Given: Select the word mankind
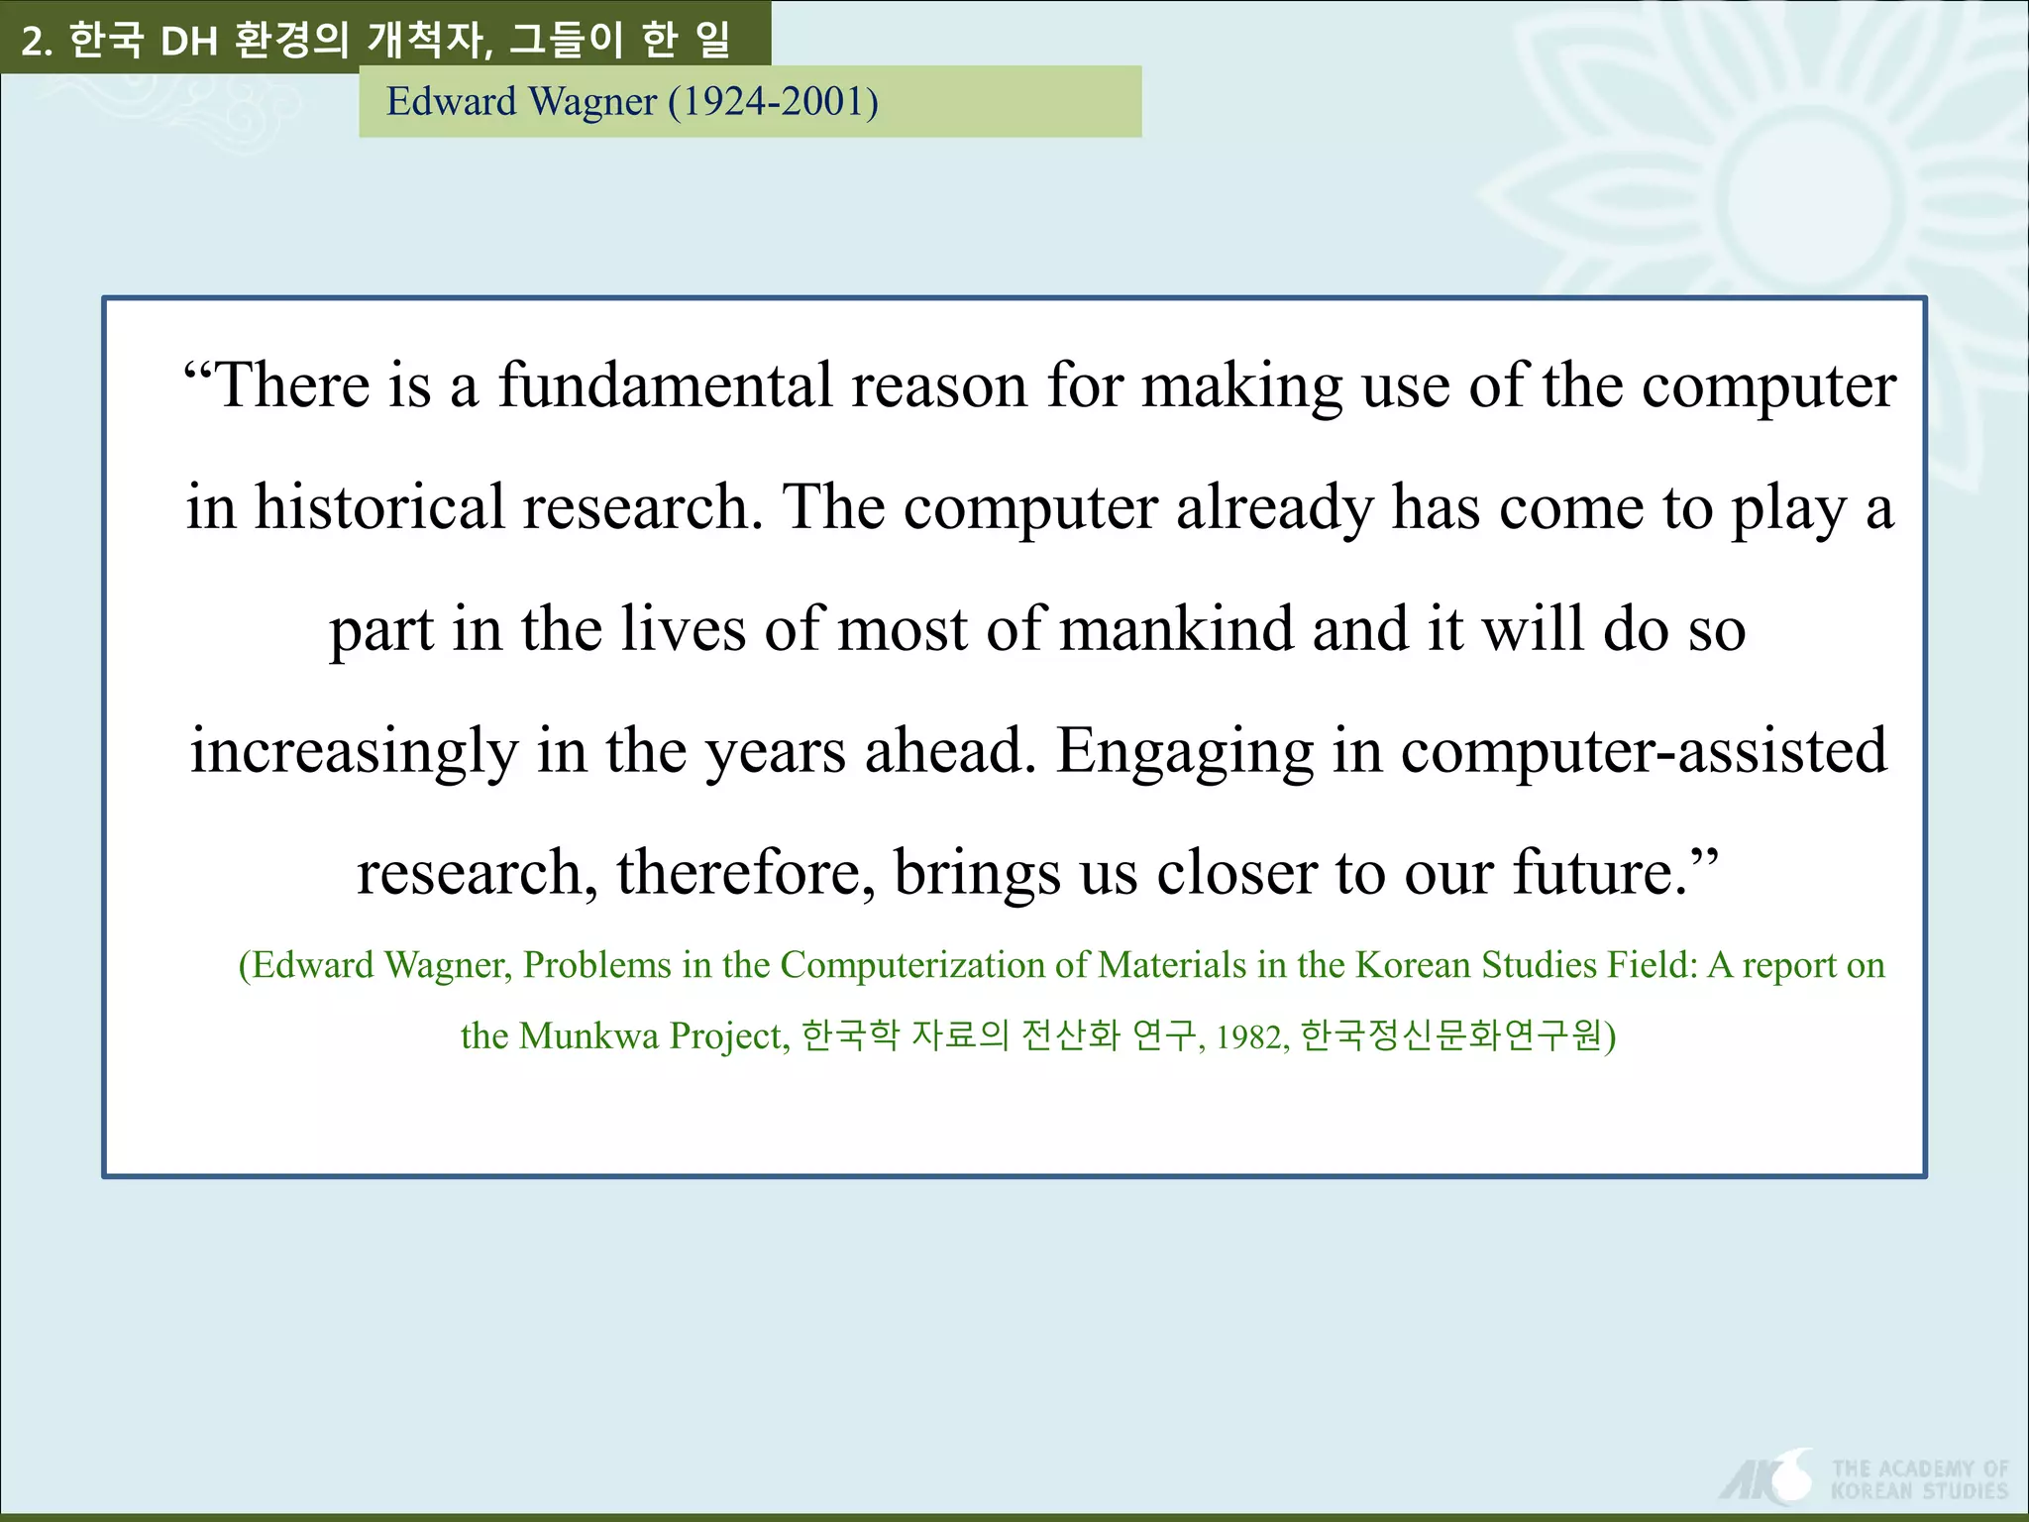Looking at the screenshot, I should [1176, 629].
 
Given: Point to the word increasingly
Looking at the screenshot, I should [354, 752].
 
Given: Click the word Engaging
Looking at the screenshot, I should [1184, 752].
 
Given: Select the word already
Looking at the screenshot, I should [1274, 507].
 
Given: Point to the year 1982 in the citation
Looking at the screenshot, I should [1252, 1037].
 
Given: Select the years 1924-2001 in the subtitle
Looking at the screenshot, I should [774, 102].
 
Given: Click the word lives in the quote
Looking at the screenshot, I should [683, 629].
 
